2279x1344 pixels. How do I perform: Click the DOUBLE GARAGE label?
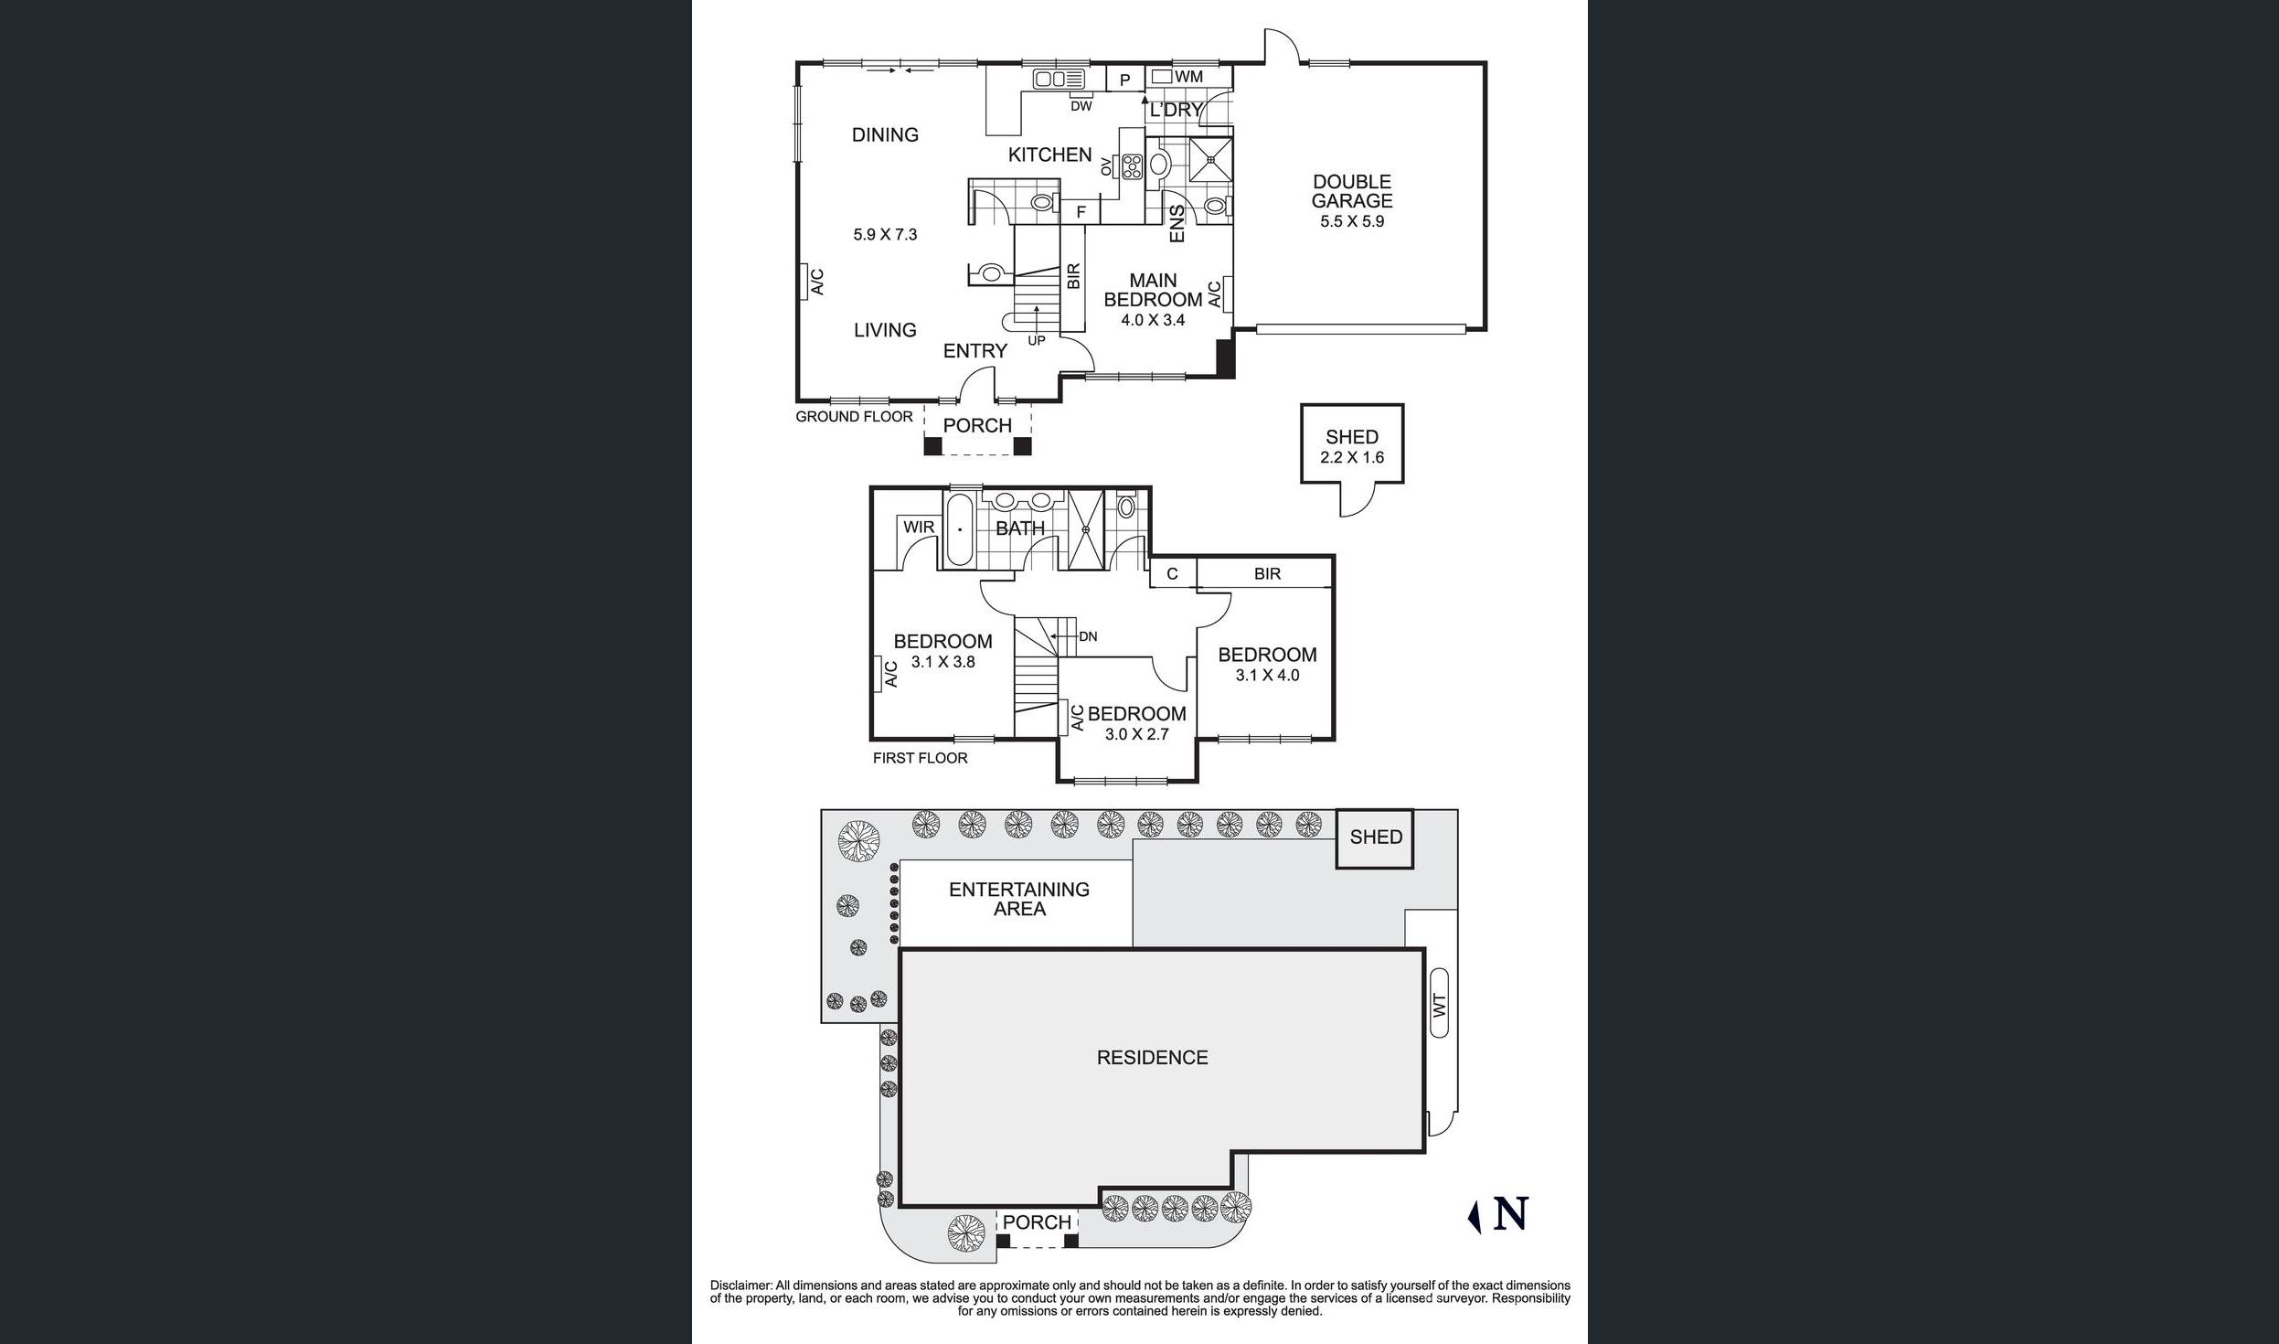(x=1352, y=191)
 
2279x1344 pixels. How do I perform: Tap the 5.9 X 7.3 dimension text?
(x=885, y=235)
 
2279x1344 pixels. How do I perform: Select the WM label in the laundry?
(x=1188, y=77)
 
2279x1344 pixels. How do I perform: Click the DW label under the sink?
(x=1081, y=106)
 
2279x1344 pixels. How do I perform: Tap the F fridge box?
(x=1081, y=212)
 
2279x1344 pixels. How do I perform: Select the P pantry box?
(x=1125, y=80)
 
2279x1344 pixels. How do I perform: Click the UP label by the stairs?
(x=1036, y=341)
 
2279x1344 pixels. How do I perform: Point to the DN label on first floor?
(x=1088, y=636)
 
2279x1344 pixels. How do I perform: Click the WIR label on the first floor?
(x=919, y=527)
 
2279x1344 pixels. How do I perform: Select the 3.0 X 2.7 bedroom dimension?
(x=1136, y=734)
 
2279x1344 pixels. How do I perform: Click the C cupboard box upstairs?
(x=1173, y=574)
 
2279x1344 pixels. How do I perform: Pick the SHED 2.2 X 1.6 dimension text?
(x=1352, y=457)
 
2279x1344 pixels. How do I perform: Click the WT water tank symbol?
(x=1439, y=1003)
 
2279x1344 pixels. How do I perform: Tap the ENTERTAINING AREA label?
(x=1019, y=899)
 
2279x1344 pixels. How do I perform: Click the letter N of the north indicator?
(x=1510, y=1214)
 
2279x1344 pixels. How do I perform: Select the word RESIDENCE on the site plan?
(x=1152, y=1058)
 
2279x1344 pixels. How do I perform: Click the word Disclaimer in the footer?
(x=740, y=1285)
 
